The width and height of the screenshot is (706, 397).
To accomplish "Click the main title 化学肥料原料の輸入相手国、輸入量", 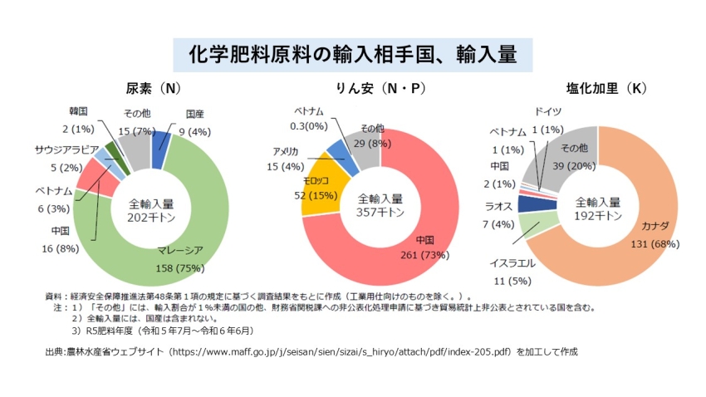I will [x=353, y=55].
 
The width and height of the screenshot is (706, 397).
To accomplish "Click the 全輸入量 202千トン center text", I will [x=150, y=211].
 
